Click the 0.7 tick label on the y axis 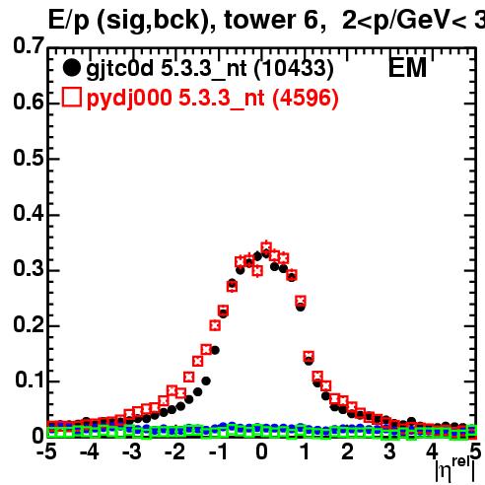[29, 45]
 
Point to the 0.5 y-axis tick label [29, 158]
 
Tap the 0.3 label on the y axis [29, 268]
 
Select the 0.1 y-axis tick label [30, 380]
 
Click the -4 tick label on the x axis [89, 451]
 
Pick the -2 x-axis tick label [174, 451]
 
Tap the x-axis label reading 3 [389, 451]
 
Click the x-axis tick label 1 [306, 451]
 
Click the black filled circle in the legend [71, 68]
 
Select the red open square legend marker [72, 98]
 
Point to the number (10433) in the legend [294, 69]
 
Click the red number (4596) [306, 99]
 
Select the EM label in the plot [407, 68]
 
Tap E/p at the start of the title [69, 21]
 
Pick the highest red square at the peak [266, 246]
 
